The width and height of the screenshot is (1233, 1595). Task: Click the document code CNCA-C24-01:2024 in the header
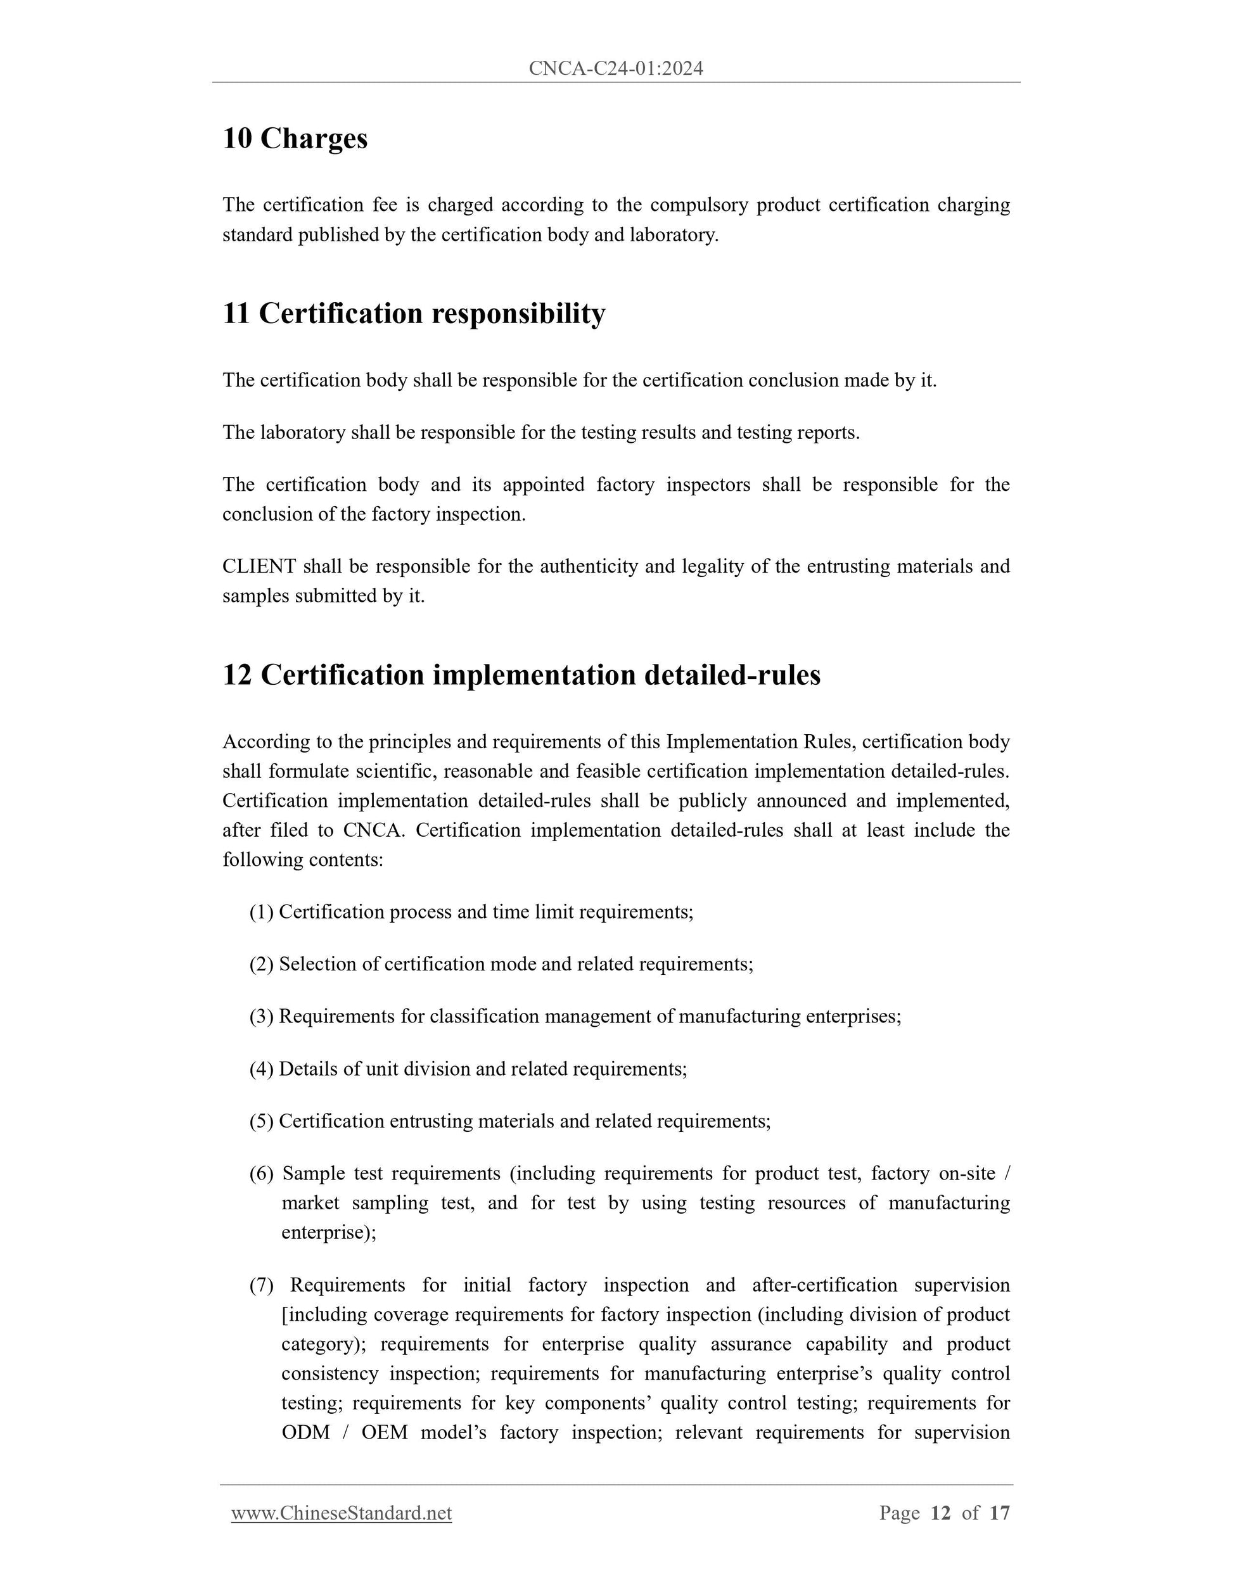click(616, 68)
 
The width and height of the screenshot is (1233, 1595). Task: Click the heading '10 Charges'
click(295, 138)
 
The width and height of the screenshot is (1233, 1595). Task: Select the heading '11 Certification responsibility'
click(414, 314)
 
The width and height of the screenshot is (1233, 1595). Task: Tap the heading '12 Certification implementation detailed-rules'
click(521, 675)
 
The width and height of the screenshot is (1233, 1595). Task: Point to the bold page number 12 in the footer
click(941, 1513)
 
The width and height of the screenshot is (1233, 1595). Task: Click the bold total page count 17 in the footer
click(999, 1513)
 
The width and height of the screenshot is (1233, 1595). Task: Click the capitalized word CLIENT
click(259, 566)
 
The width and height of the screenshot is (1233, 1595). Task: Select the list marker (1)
click(262, 912)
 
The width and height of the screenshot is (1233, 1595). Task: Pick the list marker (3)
click(262, 1017)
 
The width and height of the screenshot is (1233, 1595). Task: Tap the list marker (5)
click(262, 1121)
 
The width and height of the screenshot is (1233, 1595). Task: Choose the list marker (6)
click(262, 1174)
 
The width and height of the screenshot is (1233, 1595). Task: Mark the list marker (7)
click(262, 1285)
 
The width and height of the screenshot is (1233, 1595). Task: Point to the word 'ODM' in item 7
click(306, 1433)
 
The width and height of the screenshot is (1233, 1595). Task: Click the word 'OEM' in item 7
click(384, 1433)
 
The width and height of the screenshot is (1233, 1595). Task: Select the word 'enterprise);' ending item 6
click(329, 1233)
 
